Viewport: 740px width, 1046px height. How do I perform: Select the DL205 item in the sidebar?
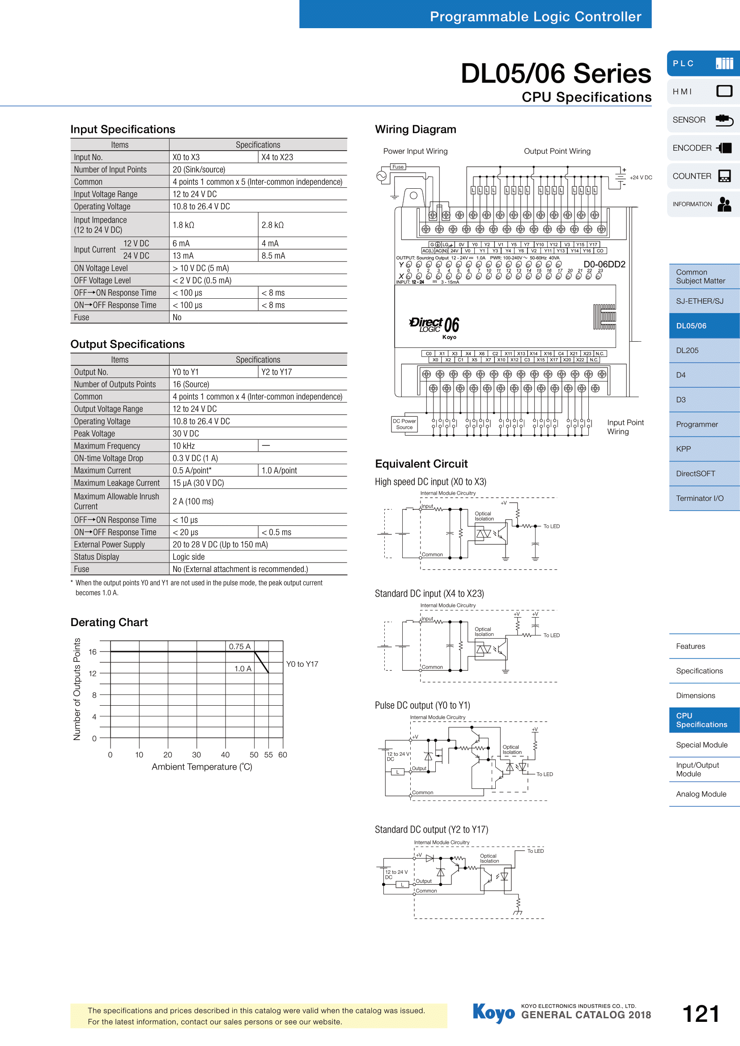click(705, 350)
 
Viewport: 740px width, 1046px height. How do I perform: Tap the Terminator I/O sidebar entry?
click(705, 498)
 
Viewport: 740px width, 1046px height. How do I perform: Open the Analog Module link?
click(705, 794)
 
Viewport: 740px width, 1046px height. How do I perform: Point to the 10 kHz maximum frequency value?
click(183, 446)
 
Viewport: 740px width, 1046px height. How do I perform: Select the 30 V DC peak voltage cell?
click(186, 434)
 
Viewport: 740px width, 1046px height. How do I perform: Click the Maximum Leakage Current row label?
click(117, 483)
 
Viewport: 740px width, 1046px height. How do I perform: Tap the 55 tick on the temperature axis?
click(268, 755)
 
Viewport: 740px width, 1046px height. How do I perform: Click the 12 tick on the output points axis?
click(93, 674)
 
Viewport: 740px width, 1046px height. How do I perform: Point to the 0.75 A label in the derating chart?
click(240, 647)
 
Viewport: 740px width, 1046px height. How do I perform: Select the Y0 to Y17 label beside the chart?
click(302, 664)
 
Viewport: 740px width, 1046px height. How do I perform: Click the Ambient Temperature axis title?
click(202, 767)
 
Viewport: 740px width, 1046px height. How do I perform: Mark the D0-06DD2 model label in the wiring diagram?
click(604, 265)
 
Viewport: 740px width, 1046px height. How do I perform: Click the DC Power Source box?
click(404, 424)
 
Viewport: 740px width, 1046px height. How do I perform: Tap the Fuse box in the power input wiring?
click(398, 167)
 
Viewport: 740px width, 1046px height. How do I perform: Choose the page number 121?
click(701, 1014)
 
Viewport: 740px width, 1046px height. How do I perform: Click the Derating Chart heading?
click(109, 623)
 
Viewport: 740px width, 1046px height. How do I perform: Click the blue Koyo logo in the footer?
click(494, 1013)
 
